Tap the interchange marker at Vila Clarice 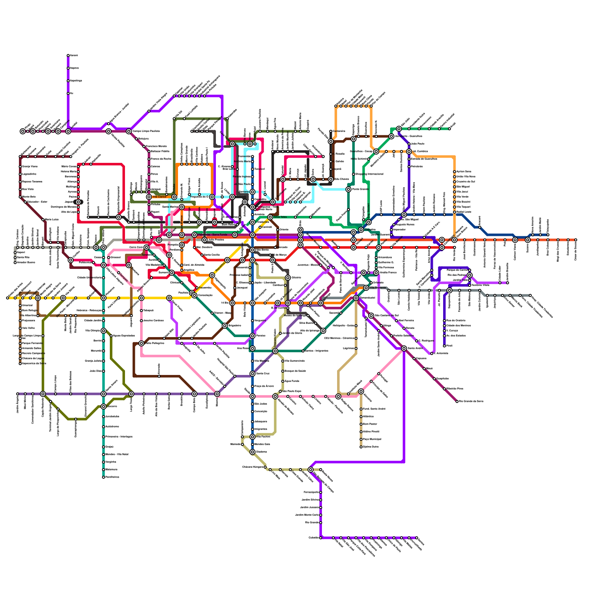click(x=149, y=197)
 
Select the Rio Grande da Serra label click(x=471, y=401)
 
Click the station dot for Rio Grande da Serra click(x=457, y=401)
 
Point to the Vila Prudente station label click(x=378, y=288)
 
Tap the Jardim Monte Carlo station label click(x=307, y=515)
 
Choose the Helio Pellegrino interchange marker click(x=141, y=344)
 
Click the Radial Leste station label click(x=464, y=212)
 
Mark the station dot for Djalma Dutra click(x=361, y=447)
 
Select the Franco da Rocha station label click(x=161, y=159)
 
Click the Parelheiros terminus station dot click(x=103, y=477)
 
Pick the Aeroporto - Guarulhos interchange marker click(x=391, y=136)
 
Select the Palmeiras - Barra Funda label click(x=212, y=235)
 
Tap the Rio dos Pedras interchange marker click(x=470, y=275)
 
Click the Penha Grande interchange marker click(x=348, y=189)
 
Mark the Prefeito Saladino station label click(x=403, y=336)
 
